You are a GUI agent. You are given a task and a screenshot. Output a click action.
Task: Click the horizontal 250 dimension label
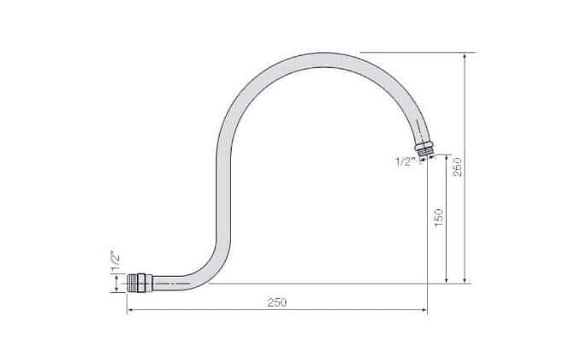tap(277, 302)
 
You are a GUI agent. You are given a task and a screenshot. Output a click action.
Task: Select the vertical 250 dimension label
tap(458, 167)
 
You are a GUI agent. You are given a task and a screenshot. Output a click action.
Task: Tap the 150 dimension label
tap(439, 218)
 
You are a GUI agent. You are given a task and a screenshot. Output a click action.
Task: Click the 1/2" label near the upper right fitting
tap(405, 162)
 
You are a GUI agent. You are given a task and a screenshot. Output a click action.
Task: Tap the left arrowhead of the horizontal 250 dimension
tap(130, 309)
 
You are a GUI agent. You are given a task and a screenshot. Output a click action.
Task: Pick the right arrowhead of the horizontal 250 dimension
tap(424, 309)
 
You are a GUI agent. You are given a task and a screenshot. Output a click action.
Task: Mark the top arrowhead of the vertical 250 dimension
tap(464, 56)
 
